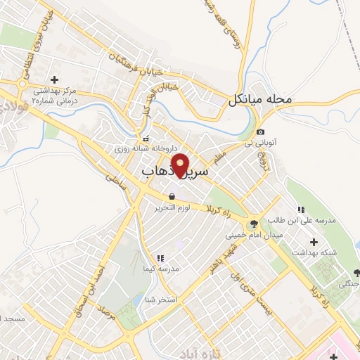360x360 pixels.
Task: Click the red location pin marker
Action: pyautogui.click(x=181, y=166)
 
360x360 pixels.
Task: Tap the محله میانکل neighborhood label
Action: pyautogui.click(x=259, y=101)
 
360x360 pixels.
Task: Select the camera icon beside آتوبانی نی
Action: pyautogui.click(x=260, y=132)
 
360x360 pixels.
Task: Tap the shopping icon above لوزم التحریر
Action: pyautogui.click(x=172, y=196)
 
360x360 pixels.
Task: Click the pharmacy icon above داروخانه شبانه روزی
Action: pyautogui.click(x=146, y=139)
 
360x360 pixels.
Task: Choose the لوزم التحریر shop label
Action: pyautogui.click(x=173, y=207)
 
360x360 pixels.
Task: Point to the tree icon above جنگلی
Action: pyautogui.click(x=356, y=273)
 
